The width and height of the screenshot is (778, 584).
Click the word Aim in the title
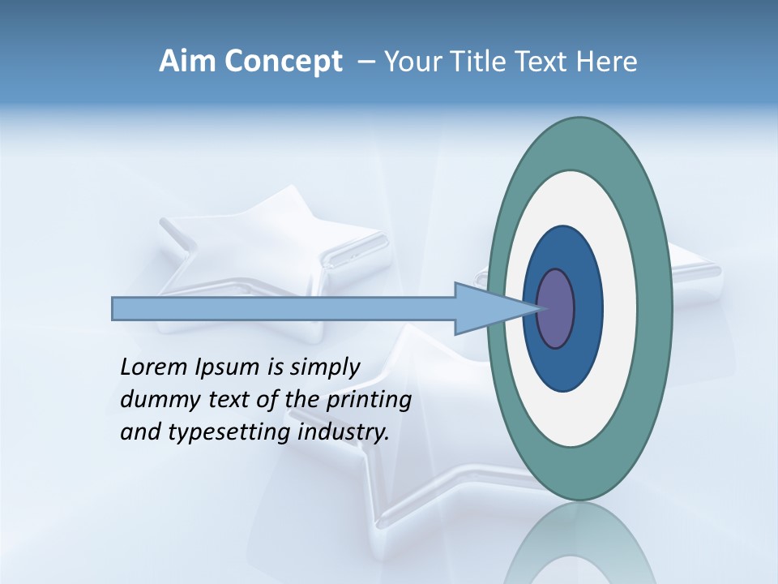pos(187,62)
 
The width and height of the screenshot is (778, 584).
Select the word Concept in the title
pos(283,62)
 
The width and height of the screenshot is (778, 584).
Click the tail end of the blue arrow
pos(118,309)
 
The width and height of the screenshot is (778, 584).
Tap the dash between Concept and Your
pos(366,62)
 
